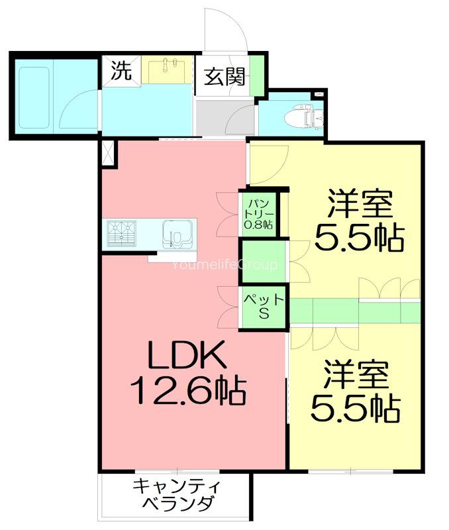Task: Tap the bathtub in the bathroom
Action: coord(34,98)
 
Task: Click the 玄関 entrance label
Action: coord(225,77)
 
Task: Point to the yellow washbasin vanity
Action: coord(167,70)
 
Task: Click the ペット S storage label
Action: coord(263,307)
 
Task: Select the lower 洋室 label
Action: coord(356,376)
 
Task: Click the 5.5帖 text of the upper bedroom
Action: coord(358,237)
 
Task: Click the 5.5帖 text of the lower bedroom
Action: coord(356,408)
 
